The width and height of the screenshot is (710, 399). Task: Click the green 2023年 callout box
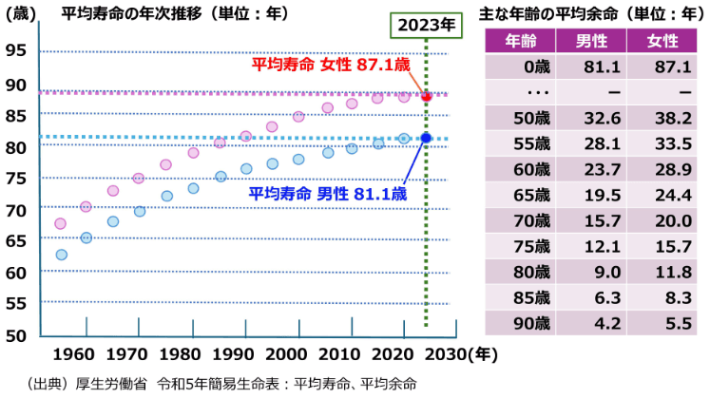424,25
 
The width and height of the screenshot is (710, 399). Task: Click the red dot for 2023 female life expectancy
427,97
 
